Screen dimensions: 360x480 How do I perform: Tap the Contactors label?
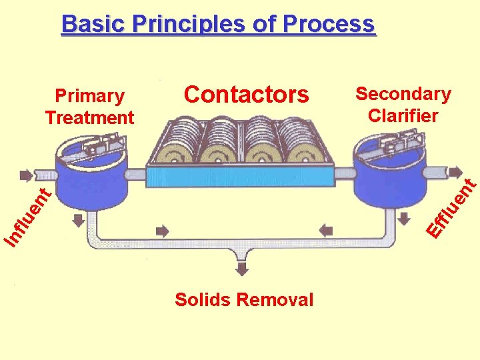pyautogui.click(x=246, y=95)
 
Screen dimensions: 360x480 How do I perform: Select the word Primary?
pyautogui.click(x=89, y=96)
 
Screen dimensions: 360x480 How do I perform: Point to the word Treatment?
pyautogui.click(x=89, y=118)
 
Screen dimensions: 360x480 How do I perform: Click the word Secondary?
pyautogui.click(x=403, y=94)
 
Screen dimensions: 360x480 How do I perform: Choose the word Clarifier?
pyautogui.click(x=403, y=115)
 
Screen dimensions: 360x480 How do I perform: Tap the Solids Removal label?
pyautogui.click(x=243, y=300)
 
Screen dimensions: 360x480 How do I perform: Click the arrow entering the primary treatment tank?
pyautogui.click(x=26, y=176)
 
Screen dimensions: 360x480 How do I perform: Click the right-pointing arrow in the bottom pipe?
pyautogui.click(x=162, y=231)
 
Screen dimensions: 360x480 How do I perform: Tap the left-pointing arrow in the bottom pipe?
pyautogui.click(x=325, y=231)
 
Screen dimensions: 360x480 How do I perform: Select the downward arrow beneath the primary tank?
pyautogui.click(x=78, y=220)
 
